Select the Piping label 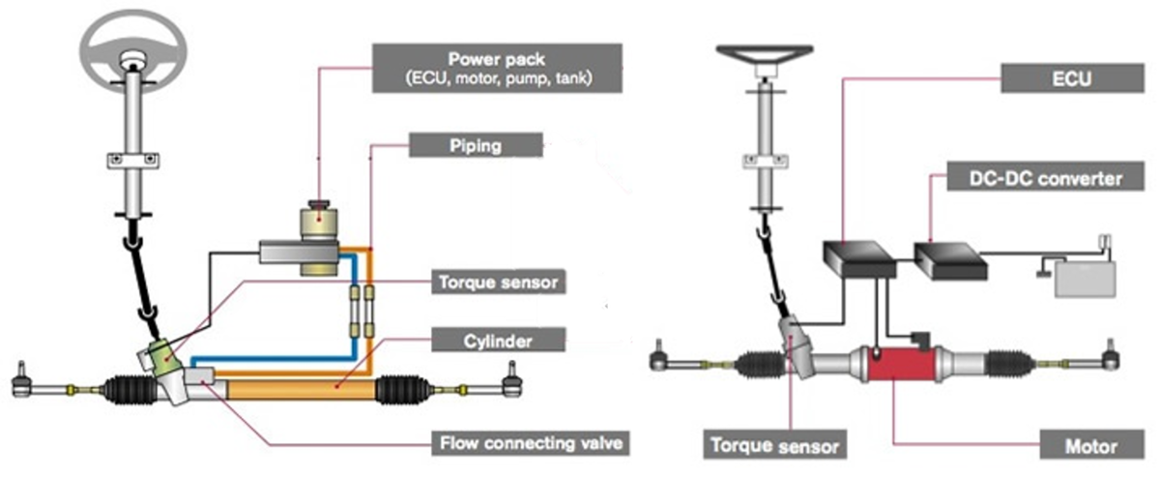pyautogui.click(x=476, y=146)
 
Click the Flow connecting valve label pyautogui.click(x=533, y=445)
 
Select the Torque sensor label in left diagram pyautogui.click(x=495, y=283)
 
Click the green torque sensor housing pyautogui.click(x=158, y=359)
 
